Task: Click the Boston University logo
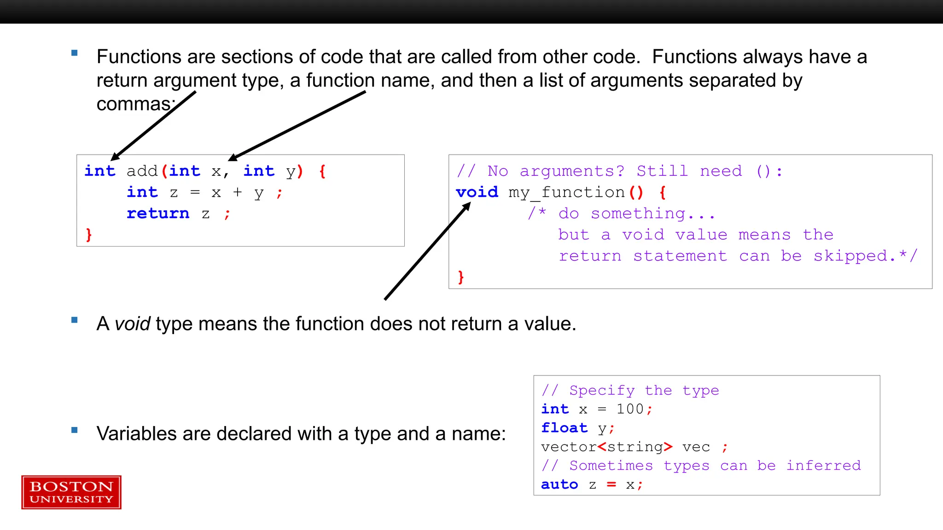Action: pyautogui.click(x=71, y=492)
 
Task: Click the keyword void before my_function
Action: pyautogui.click(x=477, y=192)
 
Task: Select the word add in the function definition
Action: pyautogui.click(x=142, y=171)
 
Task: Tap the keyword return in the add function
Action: pyautogui.click(x=158, y=213)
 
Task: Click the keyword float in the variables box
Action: pyautogui.click(x=565, y=428)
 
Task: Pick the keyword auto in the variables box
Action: pyautogui.click(x=559, y=484)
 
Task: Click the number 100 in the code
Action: pyautogui.click(x=630, y=409)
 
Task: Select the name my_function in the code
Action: pyautogui.click(x=566, y=193)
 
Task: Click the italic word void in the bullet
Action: pyautogui.click(x=133, y=324)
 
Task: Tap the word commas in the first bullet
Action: pyautogui.click(x=134, y=104)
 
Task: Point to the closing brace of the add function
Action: pyautogui.click(x=89, y=235)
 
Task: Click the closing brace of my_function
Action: pyautogui.click(x=461, y=277)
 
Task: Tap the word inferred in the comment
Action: pyautogui.click(x=823, y=466)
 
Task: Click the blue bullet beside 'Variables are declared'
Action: pyautogui.click(x=75, y=431)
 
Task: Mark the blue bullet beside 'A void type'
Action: pyautogui.click(x=75, y=320)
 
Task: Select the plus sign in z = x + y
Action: pyautogui.click(x=237, y=192)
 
